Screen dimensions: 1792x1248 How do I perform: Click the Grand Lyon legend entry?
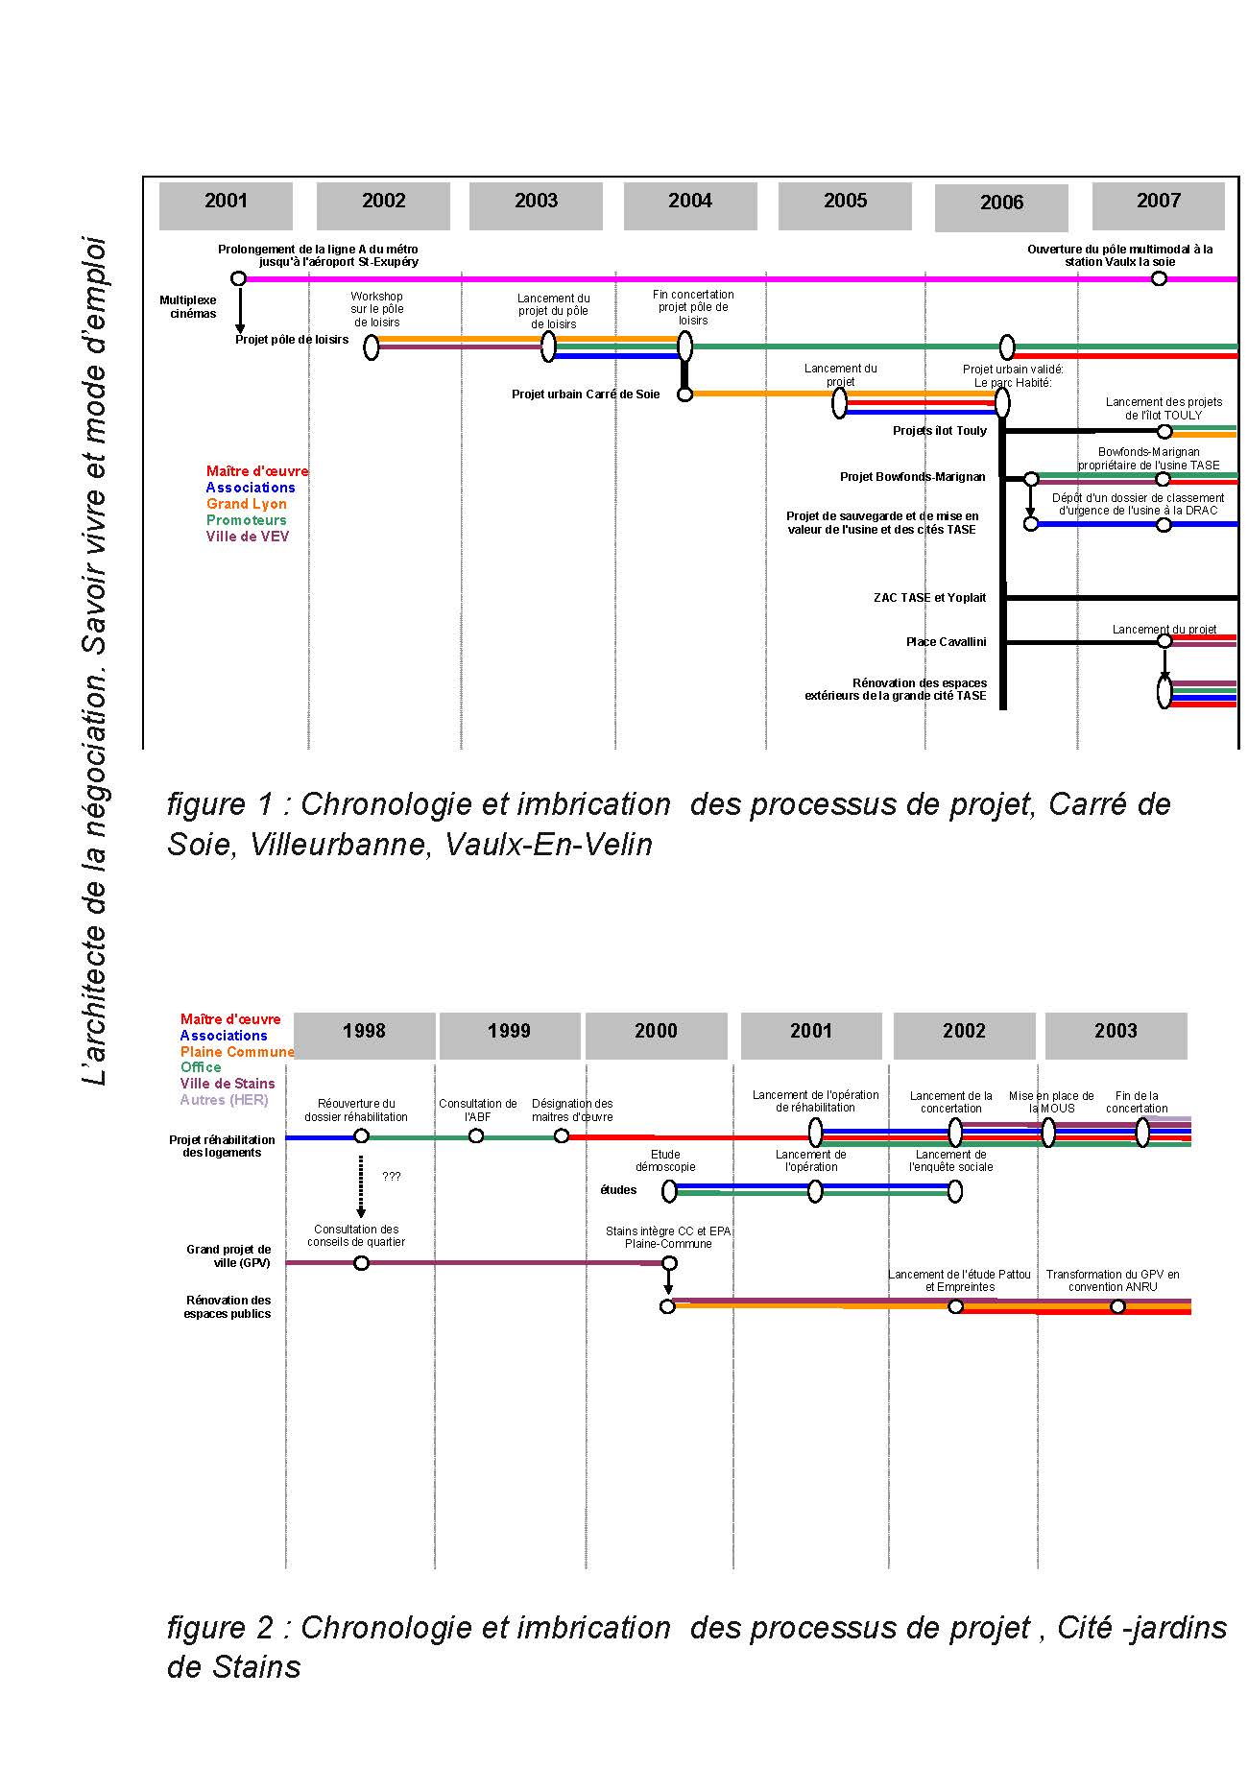click(247, 504)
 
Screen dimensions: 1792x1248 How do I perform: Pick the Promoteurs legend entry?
click(247, 520)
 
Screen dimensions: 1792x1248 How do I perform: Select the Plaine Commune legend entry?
click(237, 1052)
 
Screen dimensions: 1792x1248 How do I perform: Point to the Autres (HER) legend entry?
click(224, 1100)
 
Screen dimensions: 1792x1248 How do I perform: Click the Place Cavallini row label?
click(946, 642)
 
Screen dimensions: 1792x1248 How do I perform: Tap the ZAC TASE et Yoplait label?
click(929, 598)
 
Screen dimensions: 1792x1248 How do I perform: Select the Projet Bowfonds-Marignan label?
click(912, 477)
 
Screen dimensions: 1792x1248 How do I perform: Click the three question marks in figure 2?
click(392, 1177)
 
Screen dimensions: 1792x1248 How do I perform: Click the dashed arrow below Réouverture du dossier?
click(361, 1186)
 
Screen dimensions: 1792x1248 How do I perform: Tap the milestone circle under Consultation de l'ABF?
click(476, 1136)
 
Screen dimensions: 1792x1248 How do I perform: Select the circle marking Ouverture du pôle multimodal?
click(1159, 278)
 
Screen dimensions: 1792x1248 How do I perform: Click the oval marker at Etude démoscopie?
click(669, 1191)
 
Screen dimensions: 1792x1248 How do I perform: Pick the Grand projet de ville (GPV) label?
click(228, 1256)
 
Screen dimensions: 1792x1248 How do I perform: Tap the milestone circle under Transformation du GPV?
click(1117, 1306)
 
